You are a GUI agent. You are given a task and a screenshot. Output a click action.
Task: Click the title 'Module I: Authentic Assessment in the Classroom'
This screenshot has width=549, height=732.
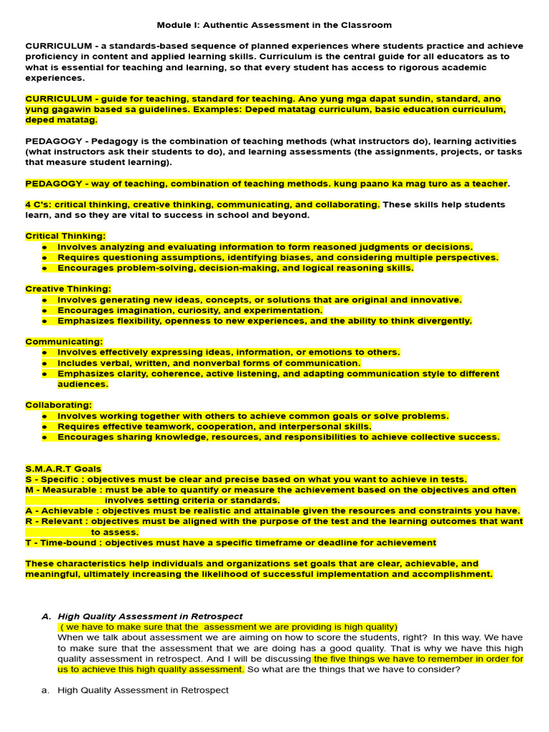coord(274,25)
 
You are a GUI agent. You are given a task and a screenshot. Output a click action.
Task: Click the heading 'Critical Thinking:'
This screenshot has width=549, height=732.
coord(65,236)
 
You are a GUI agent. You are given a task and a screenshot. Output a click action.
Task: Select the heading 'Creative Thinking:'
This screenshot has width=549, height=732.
coord(68,289)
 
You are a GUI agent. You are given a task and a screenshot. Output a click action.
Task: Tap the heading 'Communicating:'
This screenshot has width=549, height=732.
coord(64,342)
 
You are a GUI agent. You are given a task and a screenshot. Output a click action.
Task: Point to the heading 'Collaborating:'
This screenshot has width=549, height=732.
coord(59,405)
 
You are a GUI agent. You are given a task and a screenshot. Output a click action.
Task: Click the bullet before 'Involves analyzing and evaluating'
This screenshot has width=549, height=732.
coord(44,247)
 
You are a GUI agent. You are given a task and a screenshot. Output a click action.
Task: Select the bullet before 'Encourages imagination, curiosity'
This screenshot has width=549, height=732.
coord(44,310)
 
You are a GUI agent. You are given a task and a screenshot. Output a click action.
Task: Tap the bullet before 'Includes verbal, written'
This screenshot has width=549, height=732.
coord(44,363)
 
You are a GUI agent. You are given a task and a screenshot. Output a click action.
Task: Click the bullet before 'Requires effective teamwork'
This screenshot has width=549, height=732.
coord(44,427)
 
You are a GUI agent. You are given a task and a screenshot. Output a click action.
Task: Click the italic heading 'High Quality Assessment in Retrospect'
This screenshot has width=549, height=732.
coord(150,616)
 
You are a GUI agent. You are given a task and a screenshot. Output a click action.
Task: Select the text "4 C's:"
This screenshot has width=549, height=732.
coord(39,204)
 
